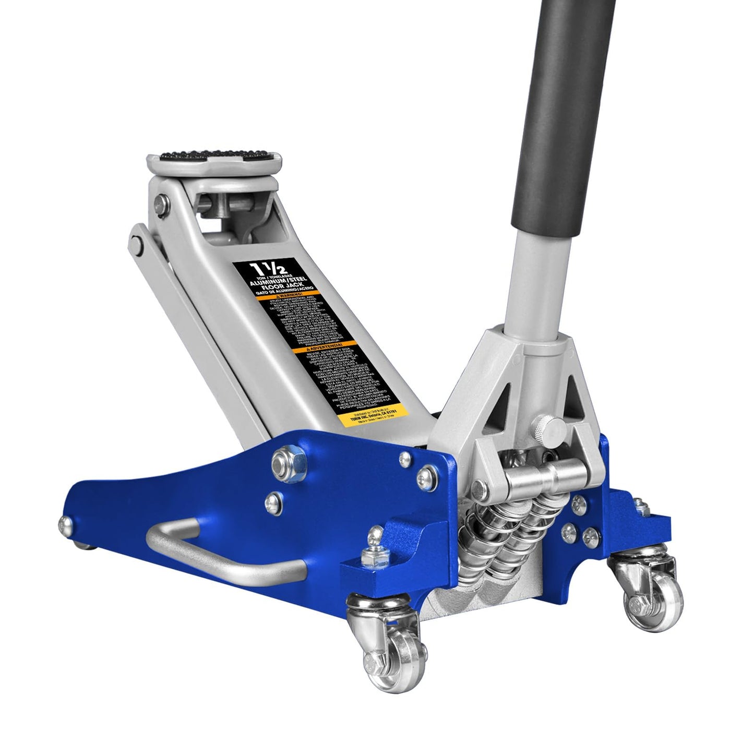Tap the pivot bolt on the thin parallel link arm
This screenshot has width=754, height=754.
click(x=136, y=242)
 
